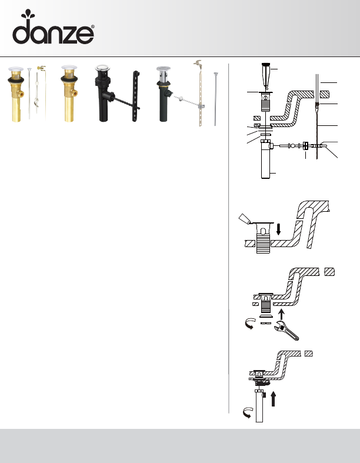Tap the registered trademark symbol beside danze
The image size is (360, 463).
pos(93,26)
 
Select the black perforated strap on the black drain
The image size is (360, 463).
pos(136,96)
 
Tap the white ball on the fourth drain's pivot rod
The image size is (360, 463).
pos(179,98)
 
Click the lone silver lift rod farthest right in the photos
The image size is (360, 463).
pos(215,99)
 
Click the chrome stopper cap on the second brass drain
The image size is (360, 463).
pos(69,68)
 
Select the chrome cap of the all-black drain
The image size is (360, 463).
pos(103,67)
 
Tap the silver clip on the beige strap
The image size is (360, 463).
pos(201,106)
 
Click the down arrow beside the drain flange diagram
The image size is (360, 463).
pos(278,229)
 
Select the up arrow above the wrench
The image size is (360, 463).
pos(281,315)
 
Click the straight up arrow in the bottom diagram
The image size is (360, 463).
pos(273,399)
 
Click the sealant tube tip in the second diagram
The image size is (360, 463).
pos(245,218)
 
